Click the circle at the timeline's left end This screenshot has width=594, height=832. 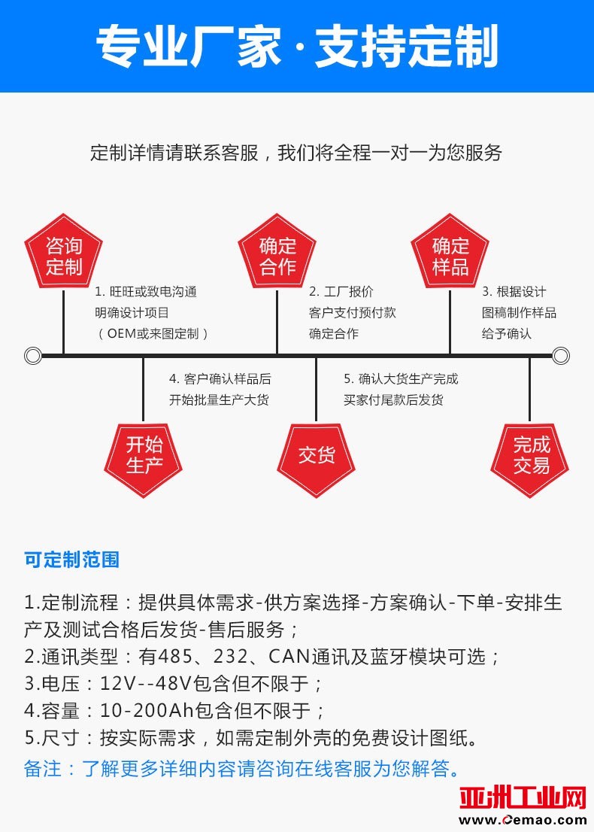[33, 355]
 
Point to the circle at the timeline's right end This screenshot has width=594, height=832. [561, 355]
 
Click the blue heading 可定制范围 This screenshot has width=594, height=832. [71, 560]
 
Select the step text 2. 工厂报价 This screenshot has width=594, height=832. [341, 292]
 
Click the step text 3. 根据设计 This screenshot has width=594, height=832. [514, 292]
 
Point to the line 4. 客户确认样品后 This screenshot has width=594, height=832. [220, 379]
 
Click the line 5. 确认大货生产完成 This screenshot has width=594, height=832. [401, 379]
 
